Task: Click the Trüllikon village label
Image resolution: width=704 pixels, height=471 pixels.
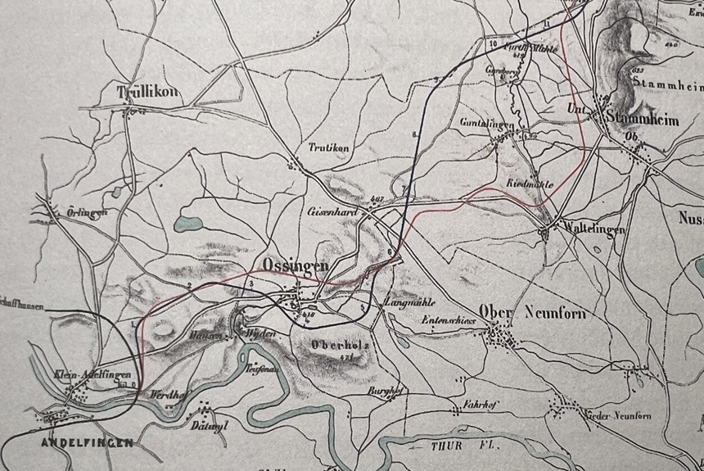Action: tap(147, 91)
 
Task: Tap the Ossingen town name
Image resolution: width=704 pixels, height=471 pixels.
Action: tap(296, 265)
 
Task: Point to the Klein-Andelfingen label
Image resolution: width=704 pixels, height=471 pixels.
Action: tap(92, 375)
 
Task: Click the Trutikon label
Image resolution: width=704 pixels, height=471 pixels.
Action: tap(328, 148)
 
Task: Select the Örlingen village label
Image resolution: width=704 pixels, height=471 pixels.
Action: tap(88, 213)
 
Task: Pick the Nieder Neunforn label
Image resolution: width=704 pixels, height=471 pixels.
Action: tap(620, 416)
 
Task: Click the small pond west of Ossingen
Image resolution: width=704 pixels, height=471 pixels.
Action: tap(189, 224)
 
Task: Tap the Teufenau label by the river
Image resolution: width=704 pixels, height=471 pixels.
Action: tap(262, 369)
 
